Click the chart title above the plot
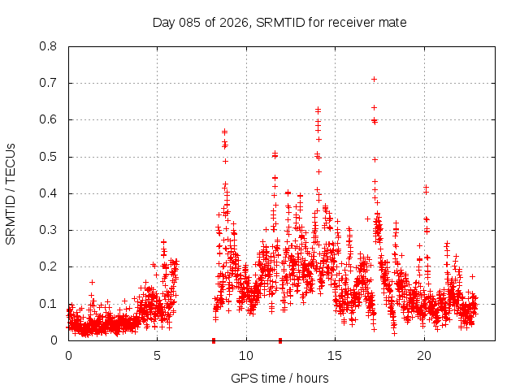279,22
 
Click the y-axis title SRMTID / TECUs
11,193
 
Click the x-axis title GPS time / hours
279,378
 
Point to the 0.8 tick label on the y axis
50,46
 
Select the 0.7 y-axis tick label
50,83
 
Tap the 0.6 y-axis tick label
50,119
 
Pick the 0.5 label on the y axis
50,157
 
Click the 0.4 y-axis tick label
50,193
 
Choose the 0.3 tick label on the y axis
50,230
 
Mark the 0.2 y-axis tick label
50,266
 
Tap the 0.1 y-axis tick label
50,304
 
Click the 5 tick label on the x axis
157,356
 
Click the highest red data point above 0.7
374,79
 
